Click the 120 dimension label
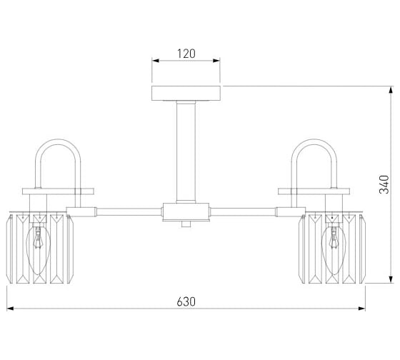pos(186,54)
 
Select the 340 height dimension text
pos(384,184)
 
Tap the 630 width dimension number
pos(186,301)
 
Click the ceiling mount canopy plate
pos(186,93)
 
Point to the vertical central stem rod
pos(186,152)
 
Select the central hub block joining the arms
pos(186,212)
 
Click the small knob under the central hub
pos(186,224)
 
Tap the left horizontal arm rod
pos(129,212)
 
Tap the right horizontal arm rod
pos(243,212)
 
